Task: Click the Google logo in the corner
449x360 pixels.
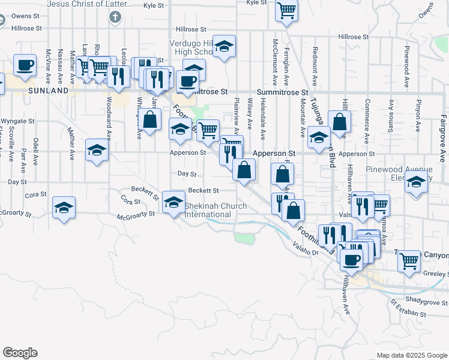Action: pos(20,353)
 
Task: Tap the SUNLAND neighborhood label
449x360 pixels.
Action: pos(48,90)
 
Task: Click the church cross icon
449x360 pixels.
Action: pos(115,16)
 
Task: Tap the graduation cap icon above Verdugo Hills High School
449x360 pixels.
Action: pos(224,46)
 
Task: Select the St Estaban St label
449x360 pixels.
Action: pos(408,312)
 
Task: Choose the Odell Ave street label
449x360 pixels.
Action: pos(37,151)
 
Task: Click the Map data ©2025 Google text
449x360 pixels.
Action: pos(411,355)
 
